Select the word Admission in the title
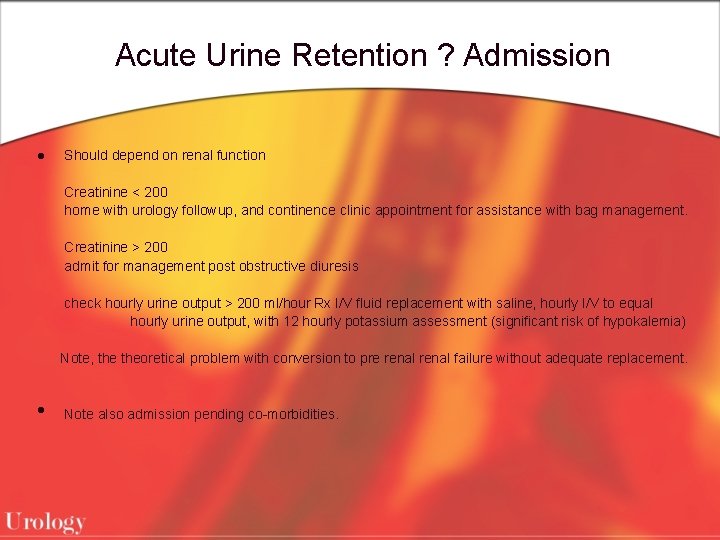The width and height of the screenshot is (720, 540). pyautogui.click(x=537, y=55)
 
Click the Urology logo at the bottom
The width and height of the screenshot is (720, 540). pyautogui.click(x=45, y=521)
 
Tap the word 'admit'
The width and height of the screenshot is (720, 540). pyautogui.click(x=80, y=266)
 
